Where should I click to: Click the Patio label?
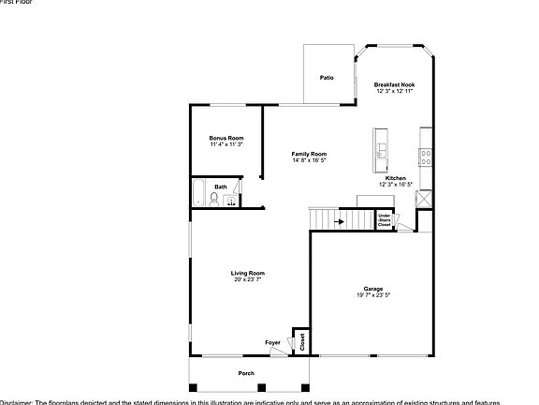click(327, 78)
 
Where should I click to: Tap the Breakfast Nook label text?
click(395, 84)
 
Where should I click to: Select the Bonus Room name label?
click(226, 138)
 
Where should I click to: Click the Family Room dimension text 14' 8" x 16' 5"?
click(309, 161)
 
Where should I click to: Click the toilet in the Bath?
click(217, 198)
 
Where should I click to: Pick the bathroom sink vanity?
click(233, 197)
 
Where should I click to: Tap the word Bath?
click(220, 187)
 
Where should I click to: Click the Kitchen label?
click(396, 178)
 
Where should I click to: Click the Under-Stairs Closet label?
click(384, 221)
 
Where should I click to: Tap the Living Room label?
click(248, 273)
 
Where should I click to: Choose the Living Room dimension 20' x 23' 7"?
click(248, 280)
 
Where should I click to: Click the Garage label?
click(373, 288)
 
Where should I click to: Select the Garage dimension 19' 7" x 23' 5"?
click(373, 295)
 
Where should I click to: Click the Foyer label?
click(272, 343)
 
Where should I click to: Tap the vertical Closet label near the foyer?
click(302, 342)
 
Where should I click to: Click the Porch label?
click(246, 373)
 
